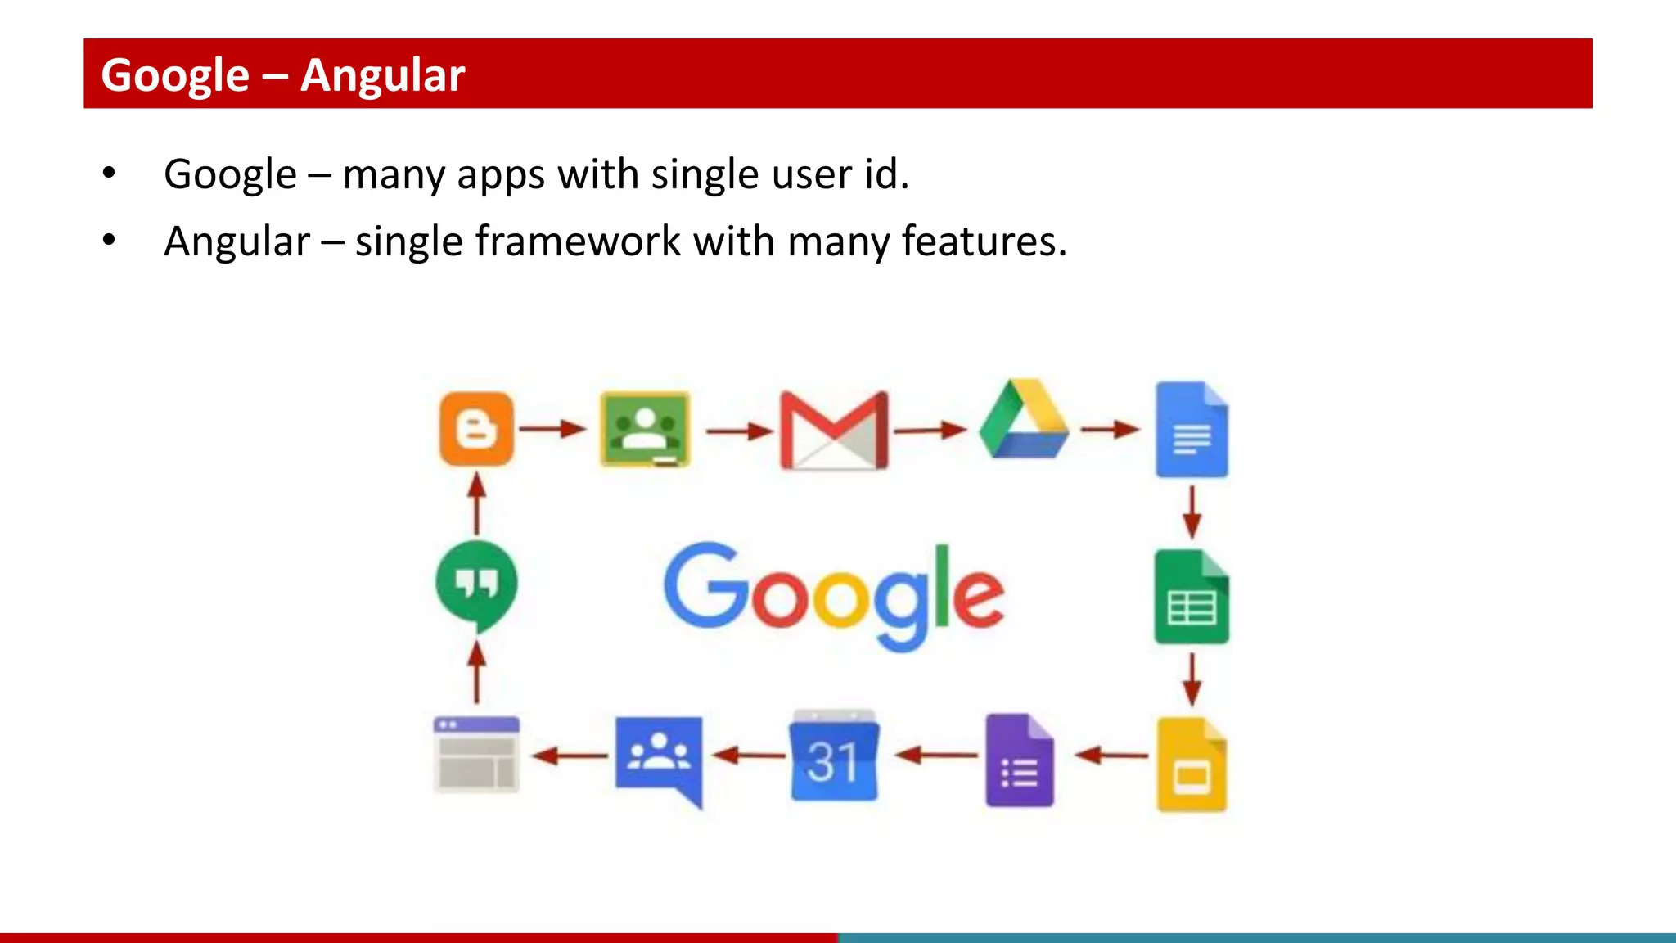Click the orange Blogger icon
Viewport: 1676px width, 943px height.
[x=476, y=428]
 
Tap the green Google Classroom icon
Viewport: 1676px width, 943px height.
[x=645, y=429]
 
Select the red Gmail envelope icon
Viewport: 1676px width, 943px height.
[x=834, y=430]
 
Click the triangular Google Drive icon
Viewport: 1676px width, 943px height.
[x=1024, y=420]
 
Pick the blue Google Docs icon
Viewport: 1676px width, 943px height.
[x=1192, y=430]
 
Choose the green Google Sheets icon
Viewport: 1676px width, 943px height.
[x=1192, y=598]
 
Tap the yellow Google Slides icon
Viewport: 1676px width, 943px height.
[x=1192, y=765]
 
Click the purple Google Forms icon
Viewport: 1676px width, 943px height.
[x=1020, y=761]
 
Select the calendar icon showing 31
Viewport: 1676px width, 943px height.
[x=834, y=757]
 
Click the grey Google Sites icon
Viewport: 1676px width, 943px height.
[x=476, y=756]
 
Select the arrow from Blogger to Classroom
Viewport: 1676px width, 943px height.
[x=553, y=428]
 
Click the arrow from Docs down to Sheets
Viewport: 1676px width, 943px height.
[x=1192, y=512]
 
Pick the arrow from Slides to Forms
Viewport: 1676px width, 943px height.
[x=1111, y=756]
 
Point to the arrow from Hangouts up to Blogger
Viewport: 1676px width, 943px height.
[x=477, y=504]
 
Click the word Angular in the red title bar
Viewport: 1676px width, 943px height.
[x=382, y=75]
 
